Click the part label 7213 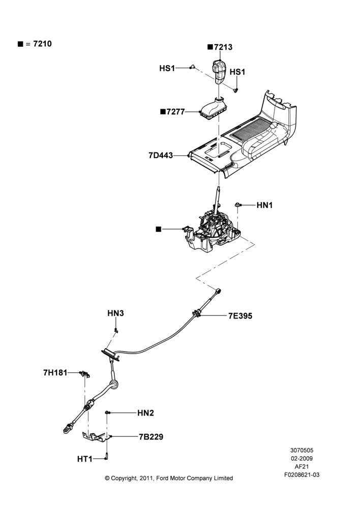223,47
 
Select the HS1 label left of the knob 167,68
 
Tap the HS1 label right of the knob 237,72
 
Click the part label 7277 175,112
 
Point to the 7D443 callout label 161,155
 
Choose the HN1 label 264,205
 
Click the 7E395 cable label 241,315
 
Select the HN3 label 116,313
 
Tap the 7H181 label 55,372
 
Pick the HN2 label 145,412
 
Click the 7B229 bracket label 151,437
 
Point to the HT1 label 84,459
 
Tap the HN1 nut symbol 238,204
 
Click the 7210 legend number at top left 43,44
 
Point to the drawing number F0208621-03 302,474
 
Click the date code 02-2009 302,458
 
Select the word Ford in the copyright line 163,478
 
